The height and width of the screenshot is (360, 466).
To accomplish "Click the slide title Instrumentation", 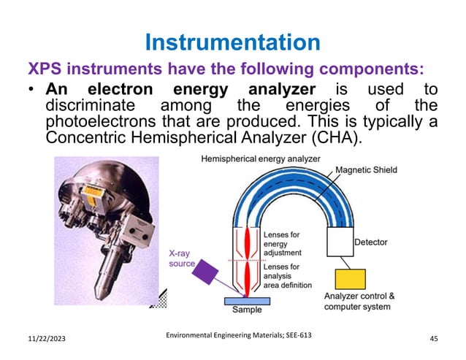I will point(232,42).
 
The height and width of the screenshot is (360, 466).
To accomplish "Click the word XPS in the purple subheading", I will point(45,70).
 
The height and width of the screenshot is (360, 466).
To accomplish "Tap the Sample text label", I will point(247,310).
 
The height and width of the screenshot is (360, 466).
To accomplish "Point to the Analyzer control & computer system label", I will point(359,302).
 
